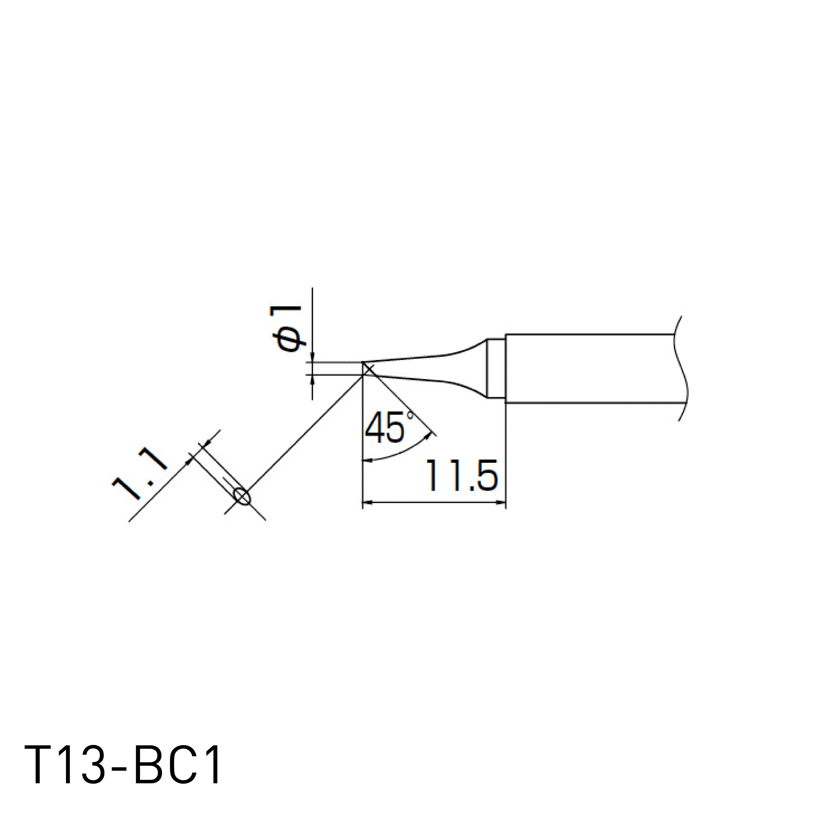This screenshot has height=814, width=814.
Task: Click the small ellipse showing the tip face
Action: [242, 496]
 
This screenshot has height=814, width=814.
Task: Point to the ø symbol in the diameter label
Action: [290, 341]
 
